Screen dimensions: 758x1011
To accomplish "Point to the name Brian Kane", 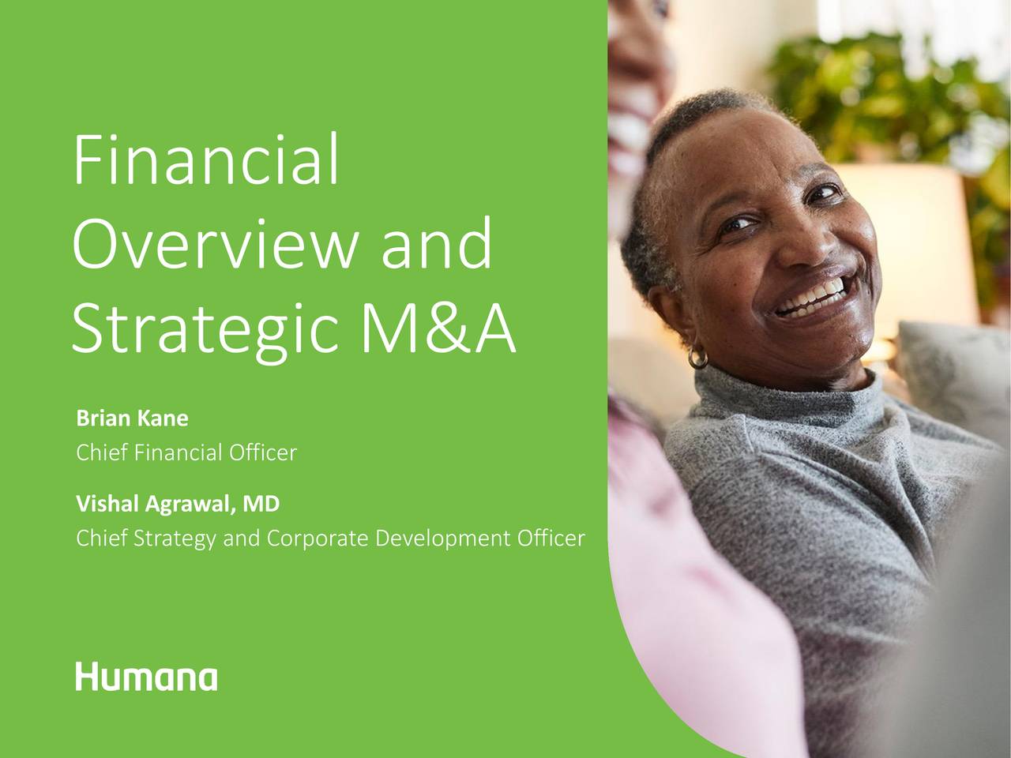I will [x=132, y=418].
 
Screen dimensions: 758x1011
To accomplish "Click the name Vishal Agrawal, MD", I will [x=178, y=503].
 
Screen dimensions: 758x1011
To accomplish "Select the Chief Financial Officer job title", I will [x=186, y=453].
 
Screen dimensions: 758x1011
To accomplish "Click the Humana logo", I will [x=146, y=677].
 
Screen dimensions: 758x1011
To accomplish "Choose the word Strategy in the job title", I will [x=177, y=539].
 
